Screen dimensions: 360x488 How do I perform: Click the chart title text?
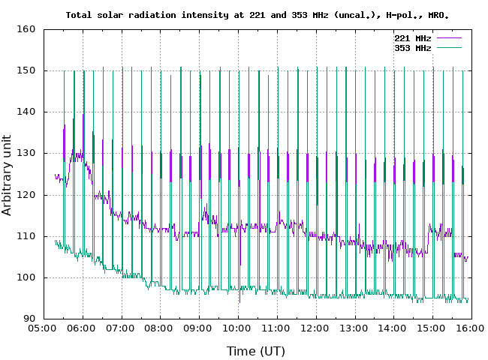tap(262, 14)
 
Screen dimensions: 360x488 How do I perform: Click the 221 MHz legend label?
tap(412, 37)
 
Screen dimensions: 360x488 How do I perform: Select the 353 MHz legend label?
tap(412, 47)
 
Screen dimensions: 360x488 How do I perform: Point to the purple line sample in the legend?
tap(448, 37)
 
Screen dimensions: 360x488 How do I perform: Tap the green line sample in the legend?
tap(448, 47)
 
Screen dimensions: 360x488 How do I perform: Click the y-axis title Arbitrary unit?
tap(8, 174)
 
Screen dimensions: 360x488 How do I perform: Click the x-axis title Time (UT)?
tap(257, 350)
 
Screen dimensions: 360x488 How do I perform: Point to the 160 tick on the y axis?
tap(28, 30)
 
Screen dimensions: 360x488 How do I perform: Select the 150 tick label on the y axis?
tap(28, 71)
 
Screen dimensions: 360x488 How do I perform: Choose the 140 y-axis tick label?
tap(28, 112)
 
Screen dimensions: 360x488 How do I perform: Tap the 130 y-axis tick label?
tap(28, 154)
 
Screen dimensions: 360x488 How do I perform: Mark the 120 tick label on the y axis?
tap(28, 195)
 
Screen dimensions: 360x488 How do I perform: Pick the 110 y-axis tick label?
tap(28, 236)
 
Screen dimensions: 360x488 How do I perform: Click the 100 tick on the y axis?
tap(28, 277)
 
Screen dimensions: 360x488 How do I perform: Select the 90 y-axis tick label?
tap(30, 319)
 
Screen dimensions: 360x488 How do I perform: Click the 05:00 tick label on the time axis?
tap(43, 328)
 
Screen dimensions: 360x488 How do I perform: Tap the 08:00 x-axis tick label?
tap(160, 328)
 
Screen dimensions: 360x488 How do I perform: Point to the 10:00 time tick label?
tap(238, 328)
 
